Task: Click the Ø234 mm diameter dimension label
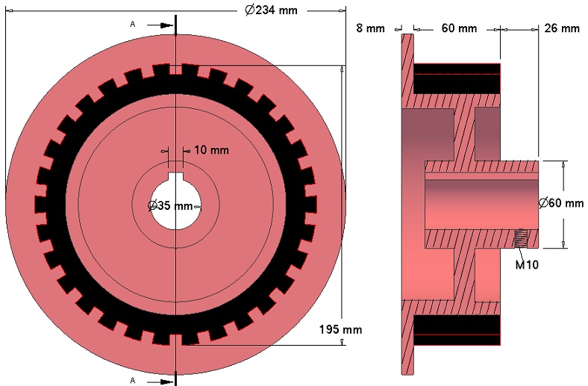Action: coord(271,10)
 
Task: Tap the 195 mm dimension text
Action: coord(340,329)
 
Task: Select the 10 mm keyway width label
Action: coord(211,150)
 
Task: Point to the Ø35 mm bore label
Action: coord(170,205)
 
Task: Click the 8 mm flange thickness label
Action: coord(370,28)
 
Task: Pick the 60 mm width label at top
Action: coord(459,28)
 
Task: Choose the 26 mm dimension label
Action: coord(562,28)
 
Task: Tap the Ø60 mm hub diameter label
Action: coord(561,203)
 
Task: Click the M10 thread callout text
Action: coord(527,265)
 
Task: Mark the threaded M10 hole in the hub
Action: coord(521,238)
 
